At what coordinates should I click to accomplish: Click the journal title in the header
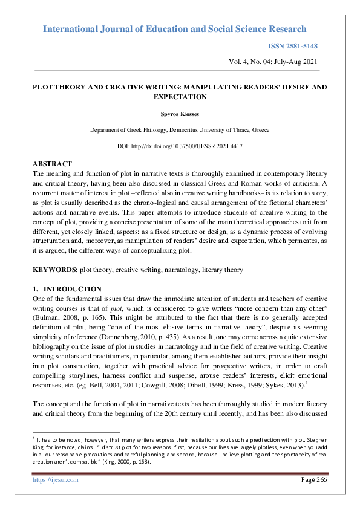click(x=175, y=29)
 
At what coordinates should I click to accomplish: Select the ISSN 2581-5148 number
click(x=292, y=46)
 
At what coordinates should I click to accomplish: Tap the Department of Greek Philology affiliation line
click(x=180, y=130)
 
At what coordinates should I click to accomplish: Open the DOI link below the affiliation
click(x=180, y=147)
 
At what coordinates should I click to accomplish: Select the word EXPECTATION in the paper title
click(x=180, y=97)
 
